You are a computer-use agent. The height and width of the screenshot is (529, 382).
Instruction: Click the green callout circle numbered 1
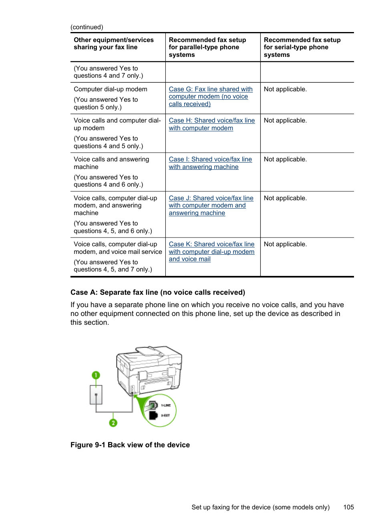(96, 375)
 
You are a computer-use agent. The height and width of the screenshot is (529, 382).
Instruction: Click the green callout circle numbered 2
(113, 422)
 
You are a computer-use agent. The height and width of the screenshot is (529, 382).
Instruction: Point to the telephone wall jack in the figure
(96, 395)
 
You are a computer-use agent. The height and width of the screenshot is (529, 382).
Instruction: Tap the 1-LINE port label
(166, 405)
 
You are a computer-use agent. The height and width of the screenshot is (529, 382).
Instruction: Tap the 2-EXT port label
(166, 415)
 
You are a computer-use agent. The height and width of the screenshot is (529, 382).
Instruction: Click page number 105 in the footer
(348, 507)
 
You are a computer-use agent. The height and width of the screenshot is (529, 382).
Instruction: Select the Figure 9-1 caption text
(130, 445)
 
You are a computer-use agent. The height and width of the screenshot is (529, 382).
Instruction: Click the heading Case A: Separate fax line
(157, 292)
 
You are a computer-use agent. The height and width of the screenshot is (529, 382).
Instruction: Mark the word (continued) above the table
(86, 27)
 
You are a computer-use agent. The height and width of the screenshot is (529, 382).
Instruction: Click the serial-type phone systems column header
(302, 47)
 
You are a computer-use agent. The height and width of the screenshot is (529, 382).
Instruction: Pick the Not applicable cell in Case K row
(285, 244)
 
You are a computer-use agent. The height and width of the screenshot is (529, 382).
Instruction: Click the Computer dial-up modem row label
(110, 89)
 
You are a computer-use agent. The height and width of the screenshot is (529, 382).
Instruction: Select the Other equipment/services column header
(113, 44)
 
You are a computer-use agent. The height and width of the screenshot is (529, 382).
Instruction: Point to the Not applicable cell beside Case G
(285, 89)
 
